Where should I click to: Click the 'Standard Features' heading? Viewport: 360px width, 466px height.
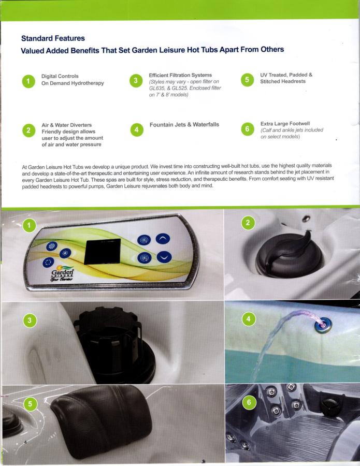click(x=53, y=38)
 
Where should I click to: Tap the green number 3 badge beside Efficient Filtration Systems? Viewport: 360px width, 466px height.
click(x=136, y=81)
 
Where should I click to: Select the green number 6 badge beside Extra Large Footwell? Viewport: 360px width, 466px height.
click(x=247, y=129)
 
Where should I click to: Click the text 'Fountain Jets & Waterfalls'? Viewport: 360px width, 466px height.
click(x=184, y=124)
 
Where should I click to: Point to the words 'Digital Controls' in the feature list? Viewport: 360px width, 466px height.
click(x=60, y=76)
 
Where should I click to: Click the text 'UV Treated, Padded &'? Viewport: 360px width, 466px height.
click(x=286, y=75)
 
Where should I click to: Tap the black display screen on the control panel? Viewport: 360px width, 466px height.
click(x=102, y=252)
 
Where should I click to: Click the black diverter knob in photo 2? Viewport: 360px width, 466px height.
click(x=289, y=255)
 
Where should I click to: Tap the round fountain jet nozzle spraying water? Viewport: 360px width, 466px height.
click(x=323, y=325)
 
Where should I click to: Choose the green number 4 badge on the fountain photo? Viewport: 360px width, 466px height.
click(x=249, y=319)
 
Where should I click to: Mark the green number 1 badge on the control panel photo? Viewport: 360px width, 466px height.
click(x=29, y=225)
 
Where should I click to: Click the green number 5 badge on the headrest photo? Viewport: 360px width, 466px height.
click(x=30, y=404)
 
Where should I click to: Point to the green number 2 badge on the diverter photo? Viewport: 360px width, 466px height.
click(x=248, y=223)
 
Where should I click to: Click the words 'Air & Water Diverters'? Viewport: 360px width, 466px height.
click(x=67, y=125)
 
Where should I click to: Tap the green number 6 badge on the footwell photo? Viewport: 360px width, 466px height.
click(x=249, y=402)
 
